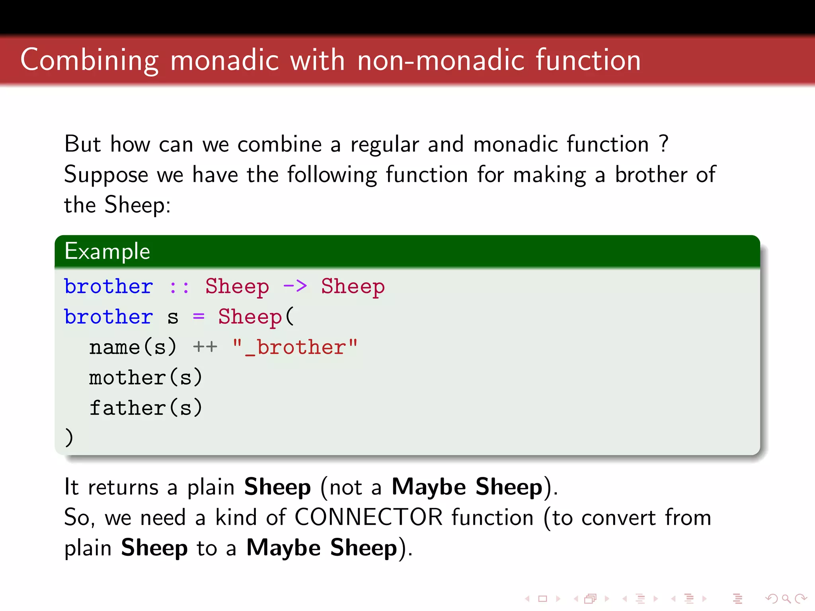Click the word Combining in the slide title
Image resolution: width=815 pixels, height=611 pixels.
tap(90, 60)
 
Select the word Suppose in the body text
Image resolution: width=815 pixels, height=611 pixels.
tap(106, 175)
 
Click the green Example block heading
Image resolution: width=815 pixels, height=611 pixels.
tap(107, 251)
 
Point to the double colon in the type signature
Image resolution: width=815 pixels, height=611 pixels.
tap(179, 287)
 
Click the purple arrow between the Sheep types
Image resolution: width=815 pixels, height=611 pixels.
tap(295, 286)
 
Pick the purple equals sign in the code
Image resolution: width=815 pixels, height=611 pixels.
tap(199, 317)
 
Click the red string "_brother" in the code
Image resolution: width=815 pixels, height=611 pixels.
tap(295, 347)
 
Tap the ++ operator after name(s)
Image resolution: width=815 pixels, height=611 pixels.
tap(205, 347)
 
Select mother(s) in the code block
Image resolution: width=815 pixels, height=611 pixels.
tap(146, 377)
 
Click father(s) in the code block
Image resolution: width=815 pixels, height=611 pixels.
tap(146, 408)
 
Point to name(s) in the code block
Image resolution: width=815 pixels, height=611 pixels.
tap(133, 347)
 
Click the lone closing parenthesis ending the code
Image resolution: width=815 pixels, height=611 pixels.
tap(69, 438)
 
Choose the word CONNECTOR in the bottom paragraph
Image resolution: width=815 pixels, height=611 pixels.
tap(369, 518)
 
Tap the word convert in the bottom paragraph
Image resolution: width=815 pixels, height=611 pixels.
tap(618, 518)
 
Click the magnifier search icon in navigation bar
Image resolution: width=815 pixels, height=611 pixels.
tap(786, 599)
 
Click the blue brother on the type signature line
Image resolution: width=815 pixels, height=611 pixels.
tap(109, 286)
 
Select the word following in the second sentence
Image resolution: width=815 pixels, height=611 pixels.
tap(332, 175)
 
